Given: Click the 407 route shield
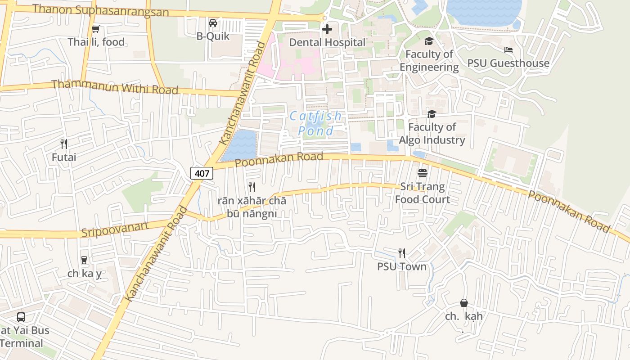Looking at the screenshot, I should pos(202,173).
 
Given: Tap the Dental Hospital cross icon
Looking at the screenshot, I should pos(327,29).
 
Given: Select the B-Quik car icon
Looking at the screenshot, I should pos(213,23).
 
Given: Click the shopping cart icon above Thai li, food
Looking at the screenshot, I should pos(95,29).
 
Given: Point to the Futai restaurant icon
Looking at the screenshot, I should pos(64,144).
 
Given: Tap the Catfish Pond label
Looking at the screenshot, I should pos(316,123).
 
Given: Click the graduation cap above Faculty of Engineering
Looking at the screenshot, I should pos(429,41).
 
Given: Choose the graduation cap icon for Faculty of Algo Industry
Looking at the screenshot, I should pos(432,114).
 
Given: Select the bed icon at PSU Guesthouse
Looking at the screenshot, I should pos(508,50).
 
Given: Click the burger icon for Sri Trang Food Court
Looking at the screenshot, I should pos(422,173).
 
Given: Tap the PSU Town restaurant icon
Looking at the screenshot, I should pos(402,253).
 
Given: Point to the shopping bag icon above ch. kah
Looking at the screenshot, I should pos(464,303).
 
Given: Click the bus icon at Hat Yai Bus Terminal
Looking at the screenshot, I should pos(21,317).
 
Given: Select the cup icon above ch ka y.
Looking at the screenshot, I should pos(84,260).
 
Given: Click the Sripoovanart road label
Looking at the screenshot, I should pos(115,229).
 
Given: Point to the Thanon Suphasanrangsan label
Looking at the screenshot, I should pos(101,10).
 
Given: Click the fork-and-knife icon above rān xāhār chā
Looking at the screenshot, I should pos(252,187).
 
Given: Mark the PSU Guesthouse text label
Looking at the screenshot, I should pos(508,63).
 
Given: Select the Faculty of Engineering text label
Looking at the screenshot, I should pos(429,61).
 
